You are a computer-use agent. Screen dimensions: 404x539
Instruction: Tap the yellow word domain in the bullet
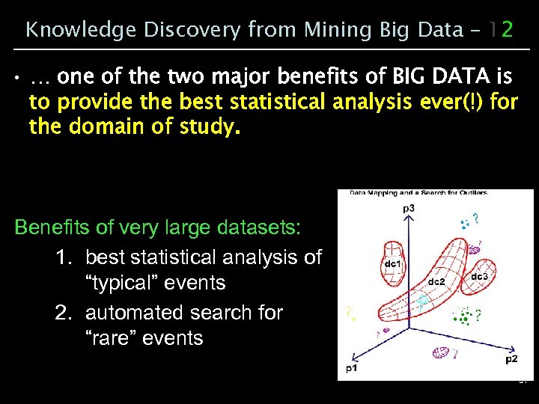104,127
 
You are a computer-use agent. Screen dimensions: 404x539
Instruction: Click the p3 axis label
409,207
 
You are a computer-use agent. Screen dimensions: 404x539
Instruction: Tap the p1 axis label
350,369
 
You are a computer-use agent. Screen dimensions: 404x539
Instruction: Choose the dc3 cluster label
480,278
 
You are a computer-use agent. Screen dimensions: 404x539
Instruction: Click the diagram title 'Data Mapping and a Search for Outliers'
418,193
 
